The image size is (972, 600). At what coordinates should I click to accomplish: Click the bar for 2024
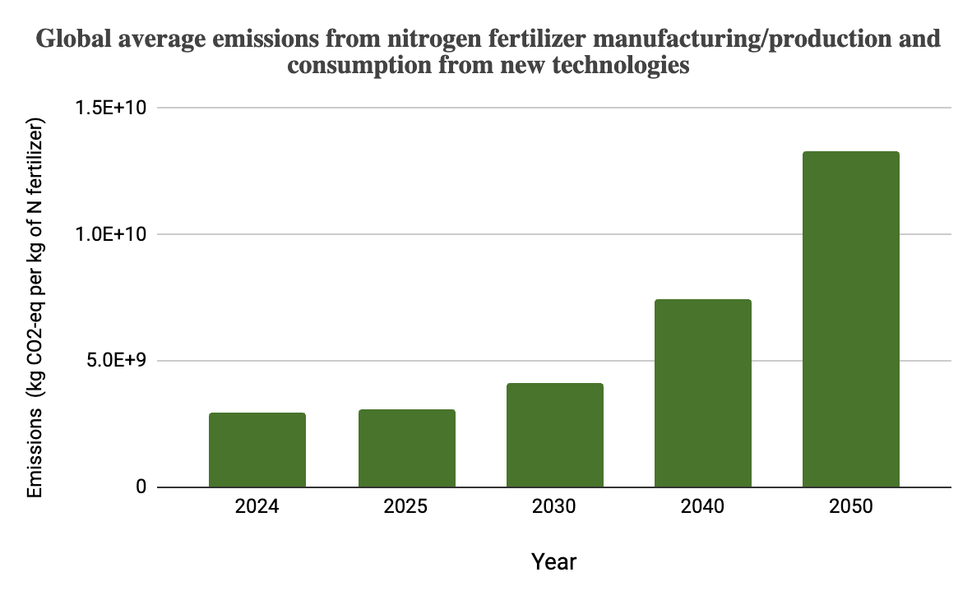257,450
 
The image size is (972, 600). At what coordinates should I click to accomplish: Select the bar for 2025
407,448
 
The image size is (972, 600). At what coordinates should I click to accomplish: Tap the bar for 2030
555,435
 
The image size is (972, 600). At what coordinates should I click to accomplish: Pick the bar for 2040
703,393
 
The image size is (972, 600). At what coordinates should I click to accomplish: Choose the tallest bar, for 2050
851,319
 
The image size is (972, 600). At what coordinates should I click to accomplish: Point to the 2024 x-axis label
257,506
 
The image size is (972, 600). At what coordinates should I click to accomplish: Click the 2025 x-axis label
406,506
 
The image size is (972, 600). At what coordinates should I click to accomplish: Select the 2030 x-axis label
554,506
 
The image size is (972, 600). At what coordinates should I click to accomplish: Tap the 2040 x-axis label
703,506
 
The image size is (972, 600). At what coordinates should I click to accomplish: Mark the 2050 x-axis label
851,506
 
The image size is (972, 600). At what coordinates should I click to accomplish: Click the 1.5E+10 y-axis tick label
111,108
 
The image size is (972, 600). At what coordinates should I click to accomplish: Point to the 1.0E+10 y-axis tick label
111,234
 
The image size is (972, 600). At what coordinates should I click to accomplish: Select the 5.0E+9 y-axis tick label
117,360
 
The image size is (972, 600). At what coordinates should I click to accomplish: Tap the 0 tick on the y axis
141,487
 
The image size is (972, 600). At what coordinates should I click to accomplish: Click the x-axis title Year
554,561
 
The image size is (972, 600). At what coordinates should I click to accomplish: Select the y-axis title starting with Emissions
35,307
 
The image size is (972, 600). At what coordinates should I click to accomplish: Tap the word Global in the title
74,39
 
